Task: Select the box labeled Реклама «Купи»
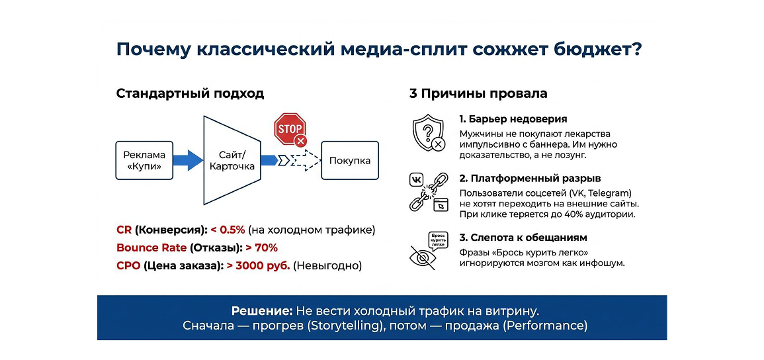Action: point(144,160)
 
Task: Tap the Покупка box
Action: point(350,160)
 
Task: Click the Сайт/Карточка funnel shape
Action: point(232,160)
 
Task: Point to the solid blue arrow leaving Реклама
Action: point(188,160)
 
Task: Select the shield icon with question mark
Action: point(428,133)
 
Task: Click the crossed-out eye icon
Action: point(422,257)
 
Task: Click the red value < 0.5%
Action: point(228,230)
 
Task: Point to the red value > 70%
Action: point(262,248)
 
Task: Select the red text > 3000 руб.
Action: point(259,267)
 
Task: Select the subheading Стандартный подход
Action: point(190,94)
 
